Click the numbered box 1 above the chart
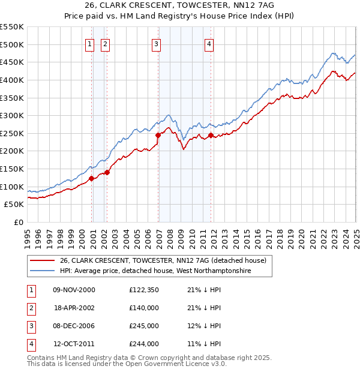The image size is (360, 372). [89, 43]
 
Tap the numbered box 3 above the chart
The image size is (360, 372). [156, 43]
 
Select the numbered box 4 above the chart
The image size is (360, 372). [209, 43]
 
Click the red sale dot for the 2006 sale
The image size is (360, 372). [158, 135]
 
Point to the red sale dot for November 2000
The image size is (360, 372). [91, 178]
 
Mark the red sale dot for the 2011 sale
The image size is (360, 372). [211, 136]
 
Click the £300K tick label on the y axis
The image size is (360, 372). [12, 115]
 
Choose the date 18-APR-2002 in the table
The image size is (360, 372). [74, 308]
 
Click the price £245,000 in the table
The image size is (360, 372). [144, 326]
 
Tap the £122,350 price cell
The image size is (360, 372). [144, 290]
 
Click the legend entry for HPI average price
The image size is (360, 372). [155, 271]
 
